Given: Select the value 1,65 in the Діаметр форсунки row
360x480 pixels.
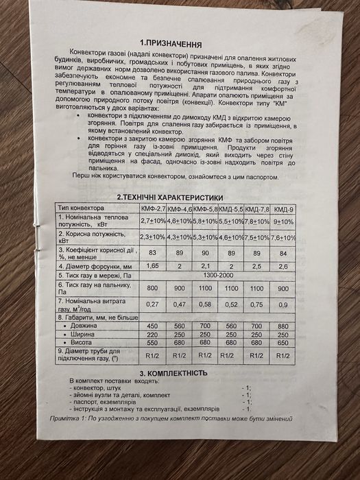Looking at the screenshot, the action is tap(153, 265).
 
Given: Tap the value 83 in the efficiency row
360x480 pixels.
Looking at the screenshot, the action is tap(153, 252).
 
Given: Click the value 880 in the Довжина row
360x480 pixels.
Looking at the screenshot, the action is tap(283, 326).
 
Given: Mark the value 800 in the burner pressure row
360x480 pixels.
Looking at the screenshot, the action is tap(153, 289).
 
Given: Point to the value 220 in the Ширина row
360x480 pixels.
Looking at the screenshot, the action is tap(153, 335).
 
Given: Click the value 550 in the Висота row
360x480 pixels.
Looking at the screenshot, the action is tap(153, 343).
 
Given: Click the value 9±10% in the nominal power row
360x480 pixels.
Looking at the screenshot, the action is tap(283, 221).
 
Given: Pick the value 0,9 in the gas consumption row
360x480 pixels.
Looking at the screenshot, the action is tap(283, 305).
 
